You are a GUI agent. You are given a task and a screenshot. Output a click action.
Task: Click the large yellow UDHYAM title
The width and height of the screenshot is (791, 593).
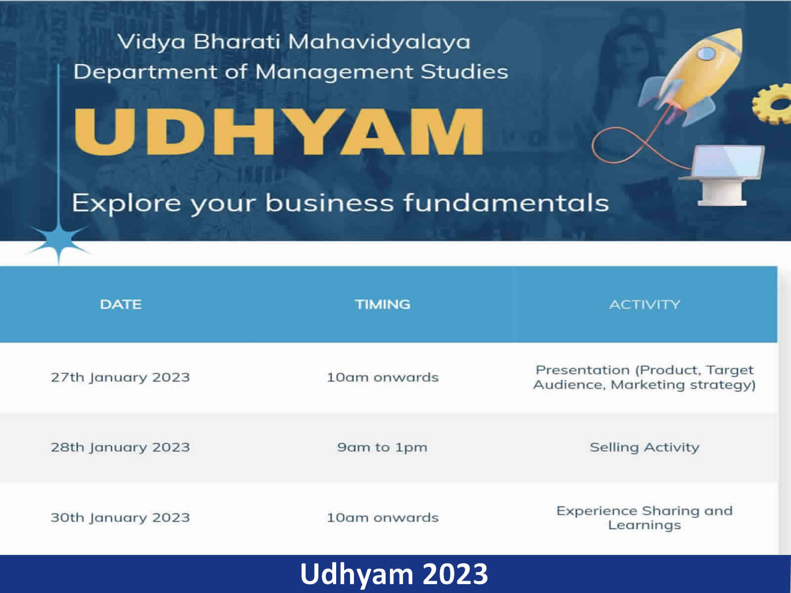(x=278, y=132)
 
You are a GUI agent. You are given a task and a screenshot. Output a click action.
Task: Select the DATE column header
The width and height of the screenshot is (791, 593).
(x=121, y=304)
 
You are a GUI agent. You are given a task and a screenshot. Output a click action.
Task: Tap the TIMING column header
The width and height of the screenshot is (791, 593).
(x=382, y=304)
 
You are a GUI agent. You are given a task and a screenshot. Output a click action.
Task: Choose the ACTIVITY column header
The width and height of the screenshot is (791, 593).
(x=645, y=304)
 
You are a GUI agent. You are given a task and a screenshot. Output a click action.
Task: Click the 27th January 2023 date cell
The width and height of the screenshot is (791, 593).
(x=120, y=378)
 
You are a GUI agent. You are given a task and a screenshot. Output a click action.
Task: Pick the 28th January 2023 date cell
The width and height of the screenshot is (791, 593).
(x=120, y=447)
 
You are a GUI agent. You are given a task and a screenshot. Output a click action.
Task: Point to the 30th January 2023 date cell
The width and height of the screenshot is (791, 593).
(x=120, y=517)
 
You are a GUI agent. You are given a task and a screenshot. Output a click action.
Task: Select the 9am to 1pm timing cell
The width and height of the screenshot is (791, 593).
(x=382, y=448)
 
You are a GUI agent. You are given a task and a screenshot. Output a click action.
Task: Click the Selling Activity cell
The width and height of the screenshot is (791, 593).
(x=645, y=448)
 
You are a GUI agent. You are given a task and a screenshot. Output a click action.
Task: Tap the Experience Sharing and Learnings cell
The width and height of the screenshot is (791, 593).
(x=645, y=518)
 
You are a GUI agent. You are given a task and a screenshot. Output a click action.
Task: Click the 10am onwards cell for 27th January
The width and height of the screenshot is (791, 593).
(x=383, y=378)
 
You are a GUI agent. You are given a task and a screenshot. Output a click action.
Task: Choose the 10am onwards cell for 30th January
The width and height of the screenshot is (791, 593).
(x=383, y=517)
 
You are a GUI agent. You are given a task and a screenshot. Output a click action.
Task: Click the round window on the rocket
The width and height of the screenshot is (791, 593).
(x=706, y=54)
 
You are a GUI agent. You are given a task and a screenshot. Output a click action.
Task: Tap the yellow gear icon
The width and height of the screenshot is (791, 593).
(x=773, y=104)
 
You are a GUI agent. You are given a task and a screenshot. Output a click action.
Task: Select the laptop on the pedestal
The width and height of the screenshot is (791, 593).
(x=723, y=174)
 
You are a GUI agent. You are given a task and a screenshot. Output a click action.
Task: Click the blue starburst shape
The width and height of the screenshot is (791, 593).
(x=59, y=242)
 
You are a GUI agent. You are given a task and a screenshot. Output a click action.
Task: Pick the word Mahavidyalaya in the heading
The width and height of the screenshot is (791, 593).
(x=380, y=42)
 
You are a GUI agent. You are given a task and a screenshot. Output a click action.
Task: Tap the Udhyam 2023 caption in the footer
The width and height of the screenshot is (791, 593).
(x=394, y=574)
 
